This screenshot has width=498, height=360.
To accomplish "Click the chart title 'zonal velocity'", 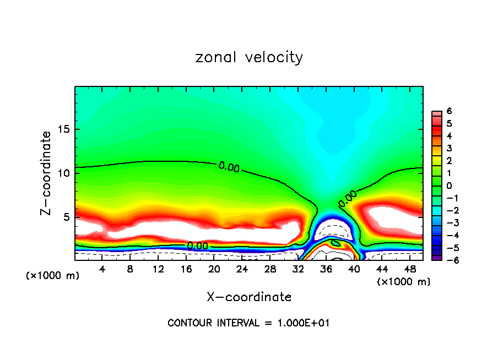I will [249, 57].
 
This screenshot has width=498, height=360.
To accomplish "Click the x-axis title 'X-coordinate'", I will [249, 297].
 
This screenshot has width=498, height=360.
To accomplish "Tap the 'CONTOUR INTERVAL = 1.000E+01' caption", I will [249, 323].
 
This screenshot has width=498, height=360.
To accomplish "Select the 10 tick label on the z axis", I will [64, 173].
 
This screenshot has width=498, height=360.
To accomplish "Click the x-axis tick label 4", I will [102, 270].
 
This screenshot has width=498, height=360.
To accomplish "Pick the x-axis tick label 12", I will [158, 270].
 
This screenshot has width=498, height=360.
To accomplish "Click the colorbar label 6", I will [450, 111].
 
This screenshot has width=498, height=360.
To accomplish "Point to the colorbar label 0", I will [450, 186].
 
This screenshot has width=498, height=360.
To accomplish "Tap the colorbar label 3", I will [450, 148].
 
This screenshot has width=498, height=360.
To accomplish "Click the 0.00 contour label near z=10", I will [229, 166].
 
